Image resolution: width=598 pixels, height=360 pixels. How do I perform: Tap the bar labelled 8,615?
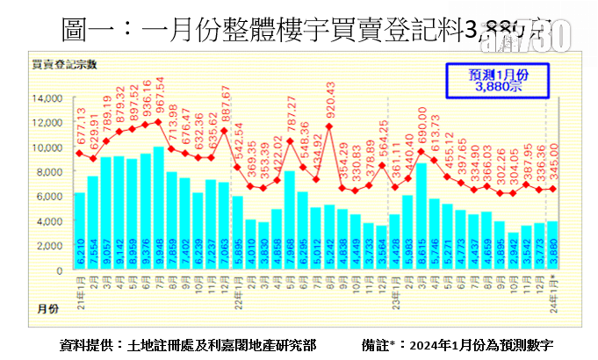coord(420,215)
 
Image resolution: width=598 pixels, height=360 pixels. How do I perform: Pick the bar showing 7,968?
coord(289,220)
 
